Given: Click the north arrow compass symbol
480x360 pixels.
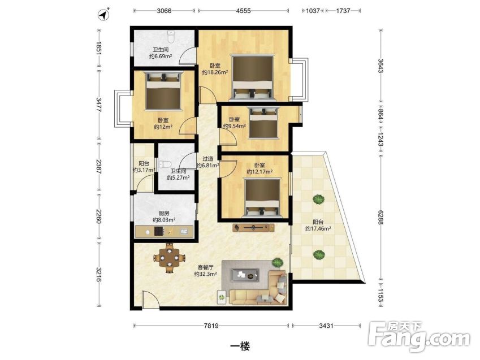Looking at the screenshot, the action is pyautogui.click(x=104, y=15).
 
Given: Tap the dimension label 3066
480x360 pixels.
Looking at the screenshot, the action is pyautogui.click(x=164, y=11).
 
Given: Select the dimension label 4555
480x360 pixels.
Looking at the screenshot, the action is pyautogui.click(x=243, y=11).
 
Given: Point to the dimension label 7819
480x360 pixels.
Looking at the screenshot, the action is pyautogui.click(x=211, y=326).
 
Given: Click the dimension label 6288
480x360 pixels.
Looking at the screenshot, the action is pyautogui.click(x=380, y=218).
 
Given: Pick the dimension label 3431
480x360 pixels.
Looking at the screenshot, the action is pyautogui.click(x=326, y=326).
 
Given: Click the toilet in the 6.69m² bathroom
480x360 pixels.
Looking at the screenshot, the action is pyautogui.click(x=171, y=37).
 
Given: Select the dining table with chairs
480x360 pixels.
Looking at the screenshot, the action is pyautogui.click(x=169, y=258).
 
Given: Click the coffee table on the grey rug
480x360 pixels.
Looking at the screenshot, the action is pyautogui.click(x=245, y=275).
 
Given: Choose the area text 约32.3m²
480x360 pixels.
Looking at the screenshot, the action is pyautogui.click(x=206, y=274).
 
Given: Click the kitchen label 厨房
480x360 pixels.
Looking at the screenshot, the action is pyautogui.click(x=164, y=213).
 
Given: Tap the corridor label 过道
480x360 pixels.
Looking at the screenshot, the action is pyautogui.click(x=207, y=159).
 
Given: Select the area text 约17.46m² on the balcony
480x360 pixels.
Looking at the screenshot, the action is pyautogui.click(x=318, y=229).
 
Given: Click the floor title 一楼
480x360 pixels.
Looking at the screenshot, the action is pyautogui.click(x=240, y=346).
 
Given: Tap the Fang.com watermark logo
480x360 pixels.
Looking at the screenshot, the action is pyautogui.click(x=420, y=337).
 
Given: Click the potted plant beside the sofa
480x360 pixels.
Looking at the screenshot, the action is pyautogui.click(x=277, y=262).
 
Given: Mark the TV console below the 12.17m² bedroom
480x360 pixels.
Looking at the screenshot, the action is pyautogui.click(x=253, y=227).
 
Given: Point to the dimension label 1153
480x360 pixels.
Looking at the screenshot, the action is pyautogui.click(x=380, y=294).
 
